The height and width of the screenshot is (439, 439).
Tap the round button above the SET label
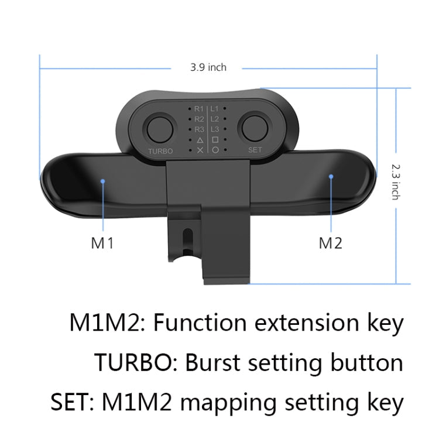(x=255, y=127)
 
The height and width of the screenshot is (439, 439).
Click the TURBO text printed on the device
(x=160, y=150)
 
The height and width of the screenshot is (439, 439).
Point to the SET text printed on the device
(x=255, y=150)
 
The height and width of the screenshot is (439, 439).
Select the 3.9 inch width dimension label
(x=208, y=67)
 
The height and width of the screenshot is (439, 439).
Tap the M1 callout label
(x=102, y=243)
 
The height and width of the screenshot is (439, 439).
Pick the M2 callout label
(x=330, y=243)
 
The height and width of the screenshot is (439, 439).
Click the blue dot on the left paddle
(x=104, y=181)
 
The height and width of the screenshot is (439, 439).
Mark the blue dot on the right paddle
(x=331, y=175)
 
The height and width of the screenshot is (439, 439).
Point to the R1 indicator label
(x=199, y=109)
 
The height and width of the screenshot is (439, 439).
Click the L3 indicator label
(x=215, y=129)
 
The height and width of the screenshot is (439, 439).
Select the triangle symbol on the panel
(x=200, y=140)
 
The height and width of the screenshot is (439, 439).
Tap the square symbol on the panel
(x=215, y=140)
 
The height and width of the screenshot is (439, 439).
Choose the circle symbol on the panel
(x=215, y=150)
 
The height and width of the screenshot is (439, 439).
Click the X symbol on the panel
(x=200, y=150)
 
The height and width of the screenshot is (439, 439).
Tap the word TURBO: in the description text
(x=136, y=363)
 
